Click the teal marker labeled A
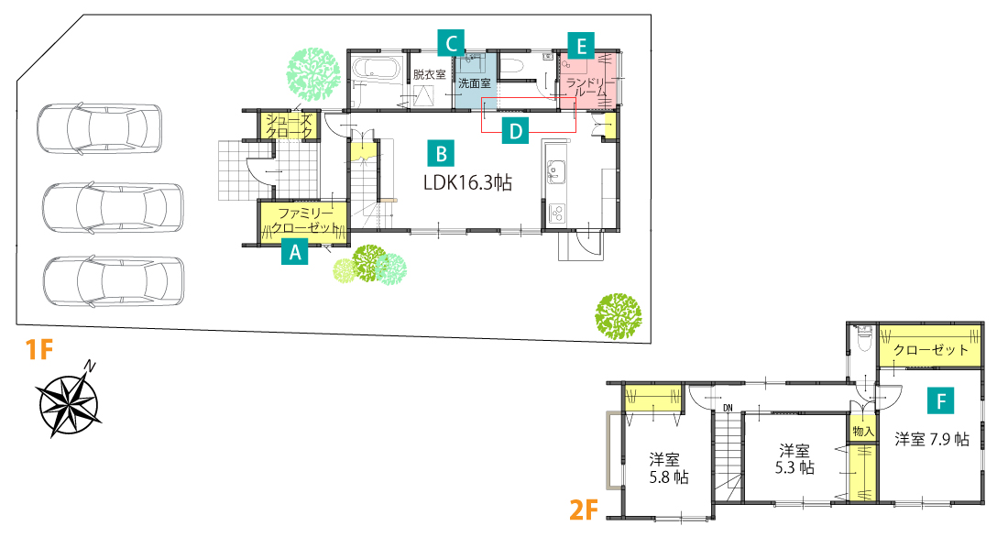point(295,252)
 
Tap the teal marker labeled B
point(441,153)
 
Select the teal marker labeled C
point(451,44)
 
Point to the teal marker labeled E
point(581,46)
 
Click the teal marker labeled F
point(940,401)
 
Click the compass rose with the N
point(68,400)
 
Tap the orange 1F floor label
point(38,350)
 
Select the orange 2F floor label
point(584,510)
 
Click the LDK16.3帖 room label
point(467,183)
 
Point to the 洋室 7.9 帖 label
point(932,439)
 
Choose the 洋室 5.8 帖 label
point(669,468)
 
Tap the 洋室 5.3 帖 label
point(794,458)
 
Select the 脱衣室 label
point(430,74)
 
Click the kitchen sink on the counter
point(555,172)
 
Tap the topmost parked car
point(99,128)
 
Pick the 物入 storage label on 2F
point(862,431)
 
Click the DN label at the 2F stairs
point(728,408)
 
